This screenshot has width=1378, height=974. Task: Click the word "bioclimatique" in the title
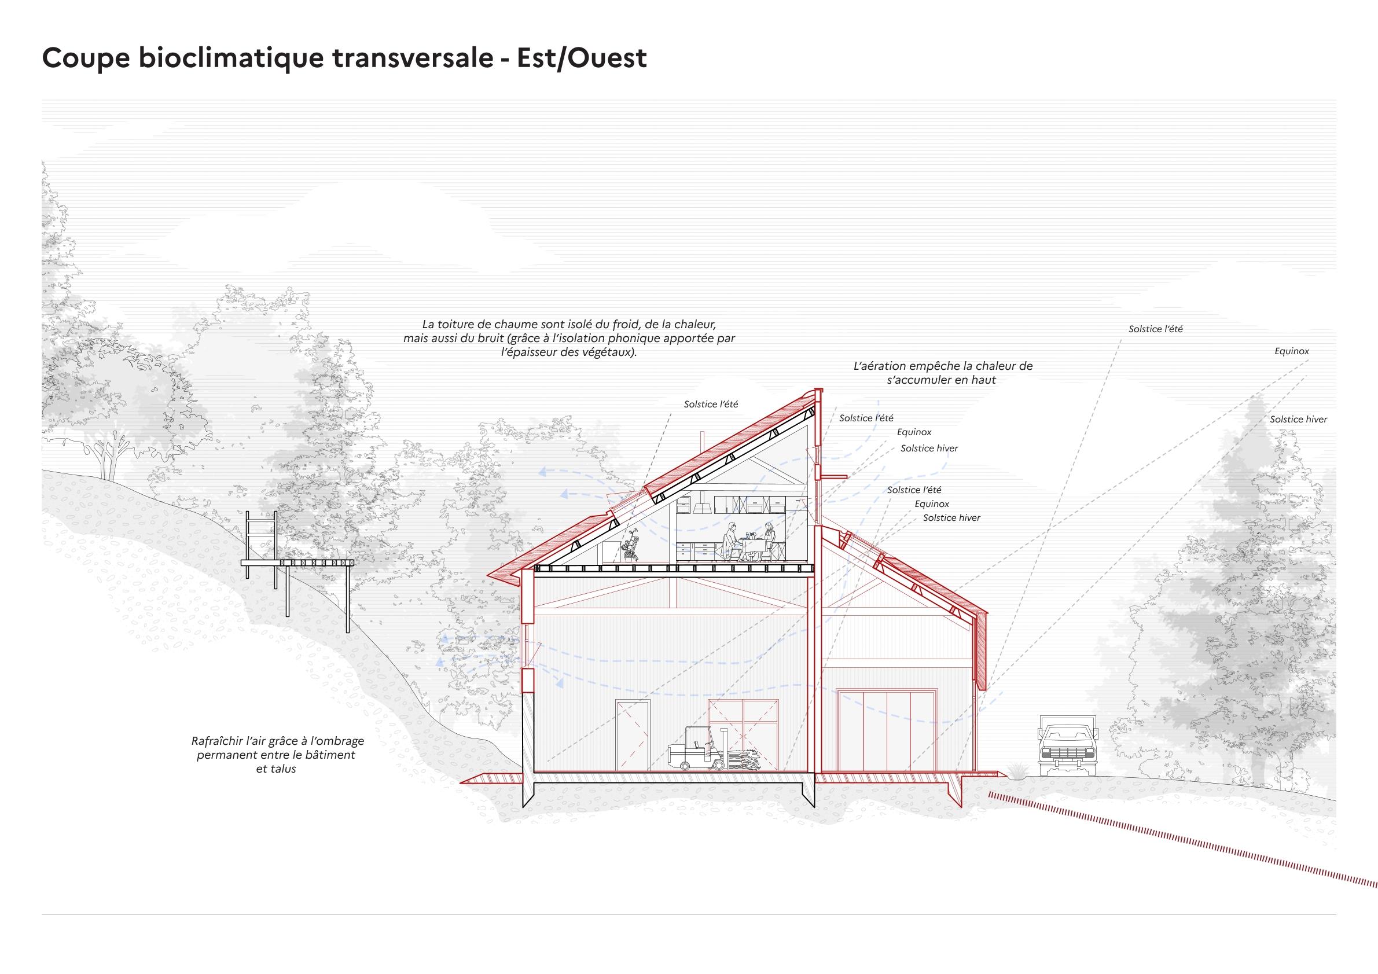click(226, 59)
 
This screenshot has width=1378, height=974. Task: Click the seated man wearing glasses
click(732, 540)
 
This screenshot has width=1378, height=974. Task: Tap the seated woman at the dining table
click(769, 540)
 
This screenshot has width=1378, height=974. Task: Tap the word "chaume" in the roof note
click(506, 325)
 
